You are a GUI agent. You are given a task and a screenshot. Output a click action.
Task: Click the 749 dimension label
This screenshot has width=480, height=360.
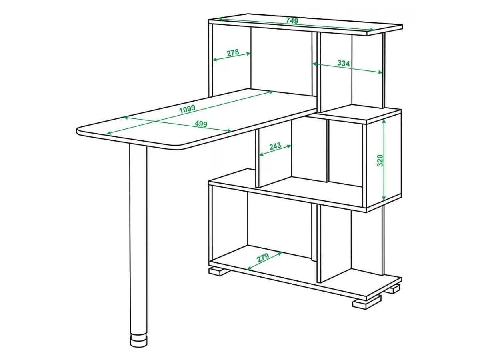tap(292, 20)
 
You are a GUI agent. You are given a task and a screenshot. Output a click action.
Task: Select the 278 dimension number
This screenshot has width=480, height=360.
tap(233, 53)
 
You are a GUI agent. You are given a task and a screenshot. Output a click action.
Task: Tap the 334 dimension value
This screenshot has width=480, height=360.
tap(344, 63)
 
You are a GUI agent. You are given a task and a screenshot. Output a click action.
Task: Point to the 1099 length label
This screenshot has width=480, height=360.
tap(187, 109)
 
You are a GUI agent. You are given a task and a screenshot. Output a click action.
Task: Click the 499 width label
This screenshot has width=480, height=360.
tap(201, 124)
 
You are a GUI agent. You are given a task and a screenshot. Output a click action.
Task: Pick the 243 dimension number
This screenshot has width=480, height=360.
tap(275, 146)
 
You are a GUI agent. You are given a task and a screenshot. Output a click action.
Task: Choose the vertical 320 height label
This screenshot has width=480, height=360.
tap(380, 161)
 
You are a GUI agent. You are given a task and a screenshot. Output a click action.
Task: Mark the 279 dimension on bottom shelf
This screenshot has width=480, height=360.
tap(263, 258)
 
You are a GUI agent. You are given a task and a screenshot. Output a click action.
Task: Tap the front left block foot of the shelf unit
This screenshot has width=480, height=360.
tap(219, 271)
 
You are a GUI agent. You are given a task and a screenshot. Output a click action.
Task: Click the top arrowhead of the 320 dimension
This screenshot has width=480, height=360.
tap(384, 122)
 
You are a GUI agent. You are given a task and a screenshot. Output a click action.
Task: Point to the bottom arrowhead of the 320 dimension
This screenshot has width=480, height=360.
tap(384, 198)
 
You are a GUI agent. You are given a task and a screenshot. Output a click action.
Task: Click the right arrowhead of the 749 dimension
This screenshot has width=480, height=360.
tap(372, 29)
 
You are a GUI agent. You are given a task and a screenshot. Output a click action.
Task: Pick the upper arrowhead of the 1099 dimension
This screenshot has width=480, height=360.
tap(271, 92)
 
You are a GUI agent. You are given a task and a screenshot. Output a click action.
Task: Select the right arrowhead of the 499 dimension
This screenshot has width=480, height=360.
tap(229, 131)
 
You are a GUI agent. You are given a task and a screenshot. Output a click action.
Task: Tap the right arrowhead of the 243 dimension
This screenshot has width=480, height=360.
tap(289, 146)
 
